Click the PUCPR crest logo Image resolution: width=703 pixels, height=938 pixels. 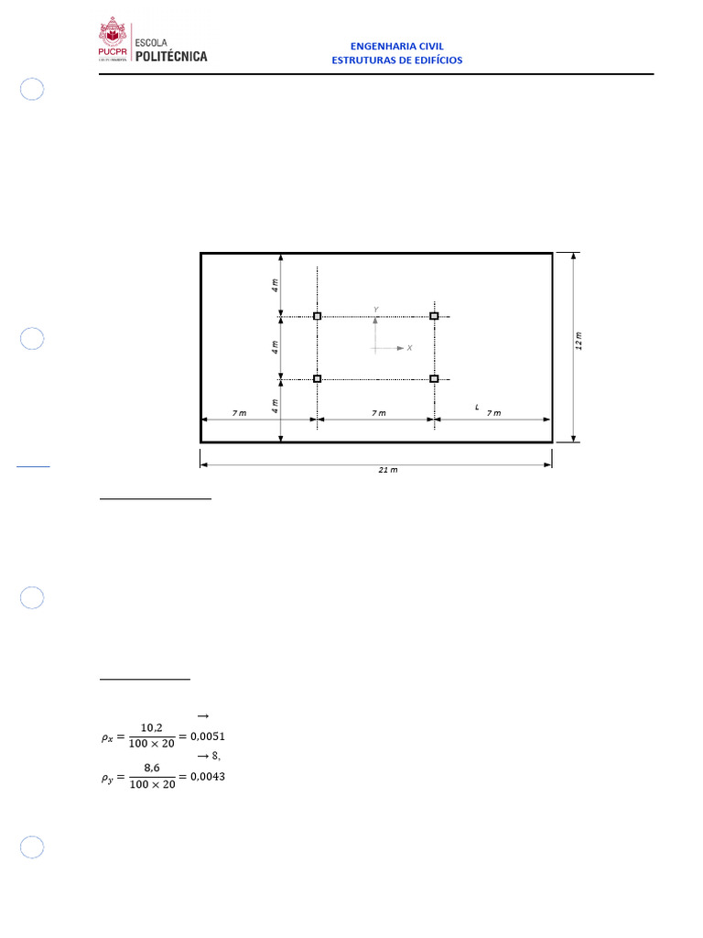click(113, 38)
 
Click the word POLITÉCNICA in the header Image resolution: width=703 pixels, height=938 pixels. click(171, 56)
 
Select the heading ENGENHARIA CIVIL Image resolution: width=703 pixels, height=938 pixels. click(397, 46)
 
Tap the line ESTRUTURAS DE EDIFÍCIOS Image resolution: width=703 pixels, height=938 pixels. click(397, 60)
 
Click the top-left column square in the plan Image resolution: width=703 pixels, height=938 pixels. click(318, 316)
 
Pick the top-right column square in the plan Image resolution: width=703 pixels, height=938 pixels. click(435, 316)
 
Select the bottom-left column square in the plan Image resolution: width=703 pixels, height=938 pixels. click(318, 378)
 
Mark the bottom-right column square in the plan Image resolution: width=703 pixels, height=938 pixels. click(435, 378)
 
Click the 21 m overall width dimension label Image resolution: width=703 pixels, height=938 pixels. click(388, 470)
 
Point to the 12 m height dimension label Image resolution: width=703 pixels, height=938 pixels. click(579, 341)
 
